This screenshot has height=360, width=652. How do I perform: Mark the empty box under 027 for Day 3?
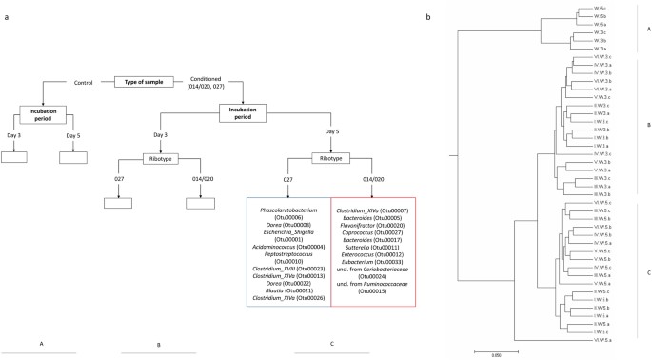click(x=117, y=202)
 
